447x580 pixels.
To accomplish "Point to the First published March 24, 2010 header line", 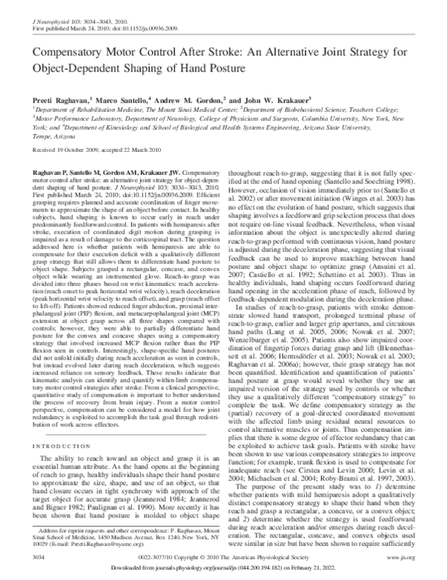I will point(104,15).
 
